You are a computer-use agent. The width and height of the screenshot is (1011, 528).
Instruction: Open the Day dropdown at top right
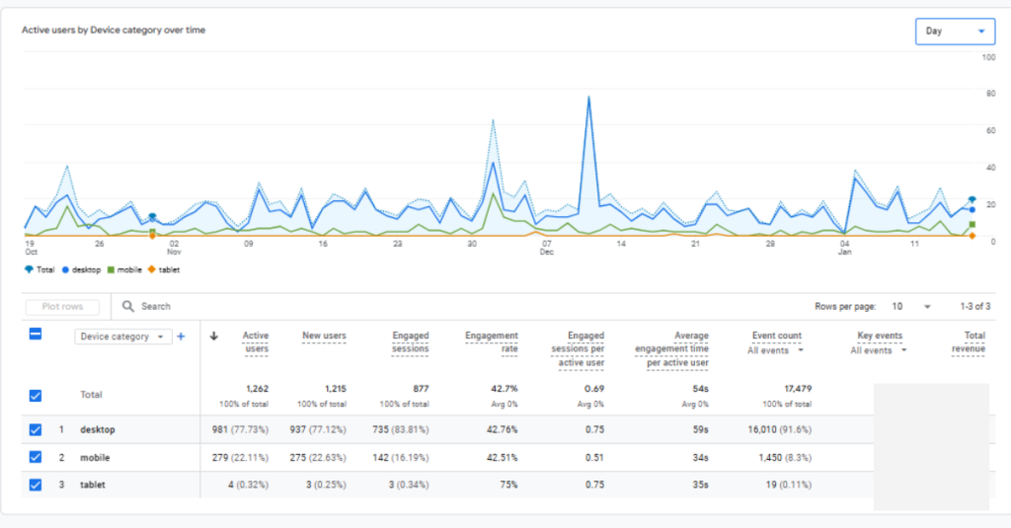[x=954, y=32]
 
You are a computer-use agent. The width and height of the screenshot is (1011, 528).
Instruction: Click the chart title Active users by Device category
[x=114, y=31]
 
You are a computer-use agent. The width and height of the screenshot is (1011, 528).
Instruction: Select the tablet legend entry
[x=164, y=269]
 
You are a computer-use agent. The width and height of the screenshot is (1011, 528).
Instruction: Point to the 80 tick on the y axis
[x=988, y=94]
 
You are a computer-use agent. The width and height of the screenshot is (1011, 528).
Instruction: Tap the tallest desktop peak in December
[x=589, y=98]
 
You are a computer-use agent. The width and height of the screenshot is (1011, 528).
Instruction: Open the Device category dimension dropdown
[x=123, y=337]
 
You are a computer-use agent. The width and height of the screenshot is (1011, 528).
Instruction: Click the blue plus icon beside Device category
[x=181, y=337]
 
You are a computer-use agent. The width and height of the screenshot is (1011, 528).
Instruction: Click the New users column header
[x=324, y=337]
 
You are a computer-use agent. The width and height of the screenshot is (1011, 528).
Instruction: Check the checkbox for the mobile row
[x=36, y=457]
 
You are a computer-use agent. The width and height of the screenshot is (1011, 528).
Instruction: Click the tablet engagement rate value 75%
[x=507, y=485]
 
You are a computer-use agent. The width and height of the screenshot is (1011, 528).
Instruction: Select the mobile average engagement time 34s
[x=698, y=457]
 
